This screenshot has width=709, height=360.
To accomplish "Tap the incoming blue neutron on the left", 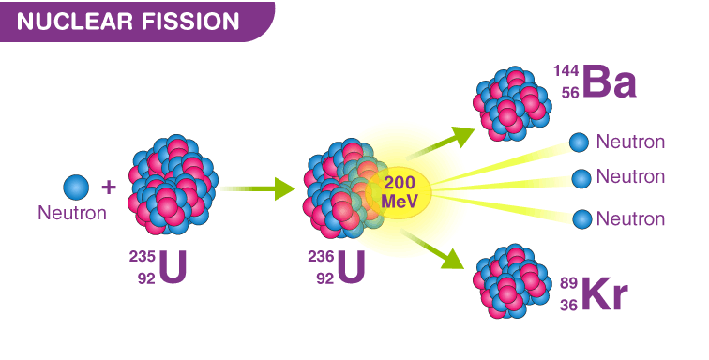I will click(x=76, y=187).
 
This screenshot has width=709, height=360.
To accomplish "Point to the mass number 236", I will click(x=322, y=257).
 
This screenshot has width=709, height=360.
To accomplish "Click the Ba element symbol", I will click(x=609, y=82).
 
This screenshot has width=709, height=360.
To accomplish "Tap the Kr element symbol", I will click(x=604, y=293).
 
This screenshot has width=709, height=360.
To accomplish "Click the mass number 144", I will click(x=566, y=72).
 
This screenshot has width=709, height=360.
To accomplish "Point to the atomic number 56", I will click(x=569, y=93).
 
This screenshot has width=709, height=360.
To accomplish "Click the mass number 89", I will click(x=569, y=283).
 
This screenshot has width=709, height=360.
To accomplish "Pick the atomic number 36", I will click(x=569, y=304).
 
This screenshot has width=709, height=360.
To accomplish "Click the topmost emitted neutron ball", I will click(x=580, y=142).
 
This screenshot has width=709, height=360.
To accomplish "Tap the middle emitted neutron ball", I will click(x=581, y=177).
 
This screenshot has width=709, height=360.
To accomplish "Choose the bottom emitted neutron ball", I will click(x=582, y=218).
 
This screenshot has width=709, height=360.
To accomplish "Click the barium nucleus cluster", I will click(x=511, y=99).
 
